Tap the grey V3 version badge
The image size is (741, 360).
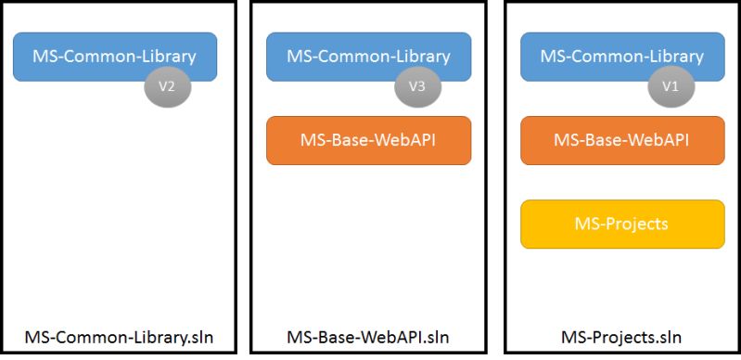[418, 86]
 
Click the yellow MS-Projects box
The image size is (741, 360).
[622, 224]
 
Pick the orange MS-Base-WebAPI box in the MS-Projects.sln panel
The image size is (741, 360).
[622, 140]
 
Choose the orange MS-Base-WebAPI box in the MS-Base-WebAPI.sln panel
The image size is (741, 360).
[368, 140]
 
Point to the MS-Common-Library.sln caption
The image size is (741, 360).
[119, 336]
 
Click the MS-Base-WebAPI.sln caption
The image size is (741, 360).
[369, 336]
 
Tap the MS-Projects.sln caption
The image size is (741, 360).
[620, 336]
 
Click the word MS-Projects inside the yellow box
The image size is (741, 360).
[622, 224]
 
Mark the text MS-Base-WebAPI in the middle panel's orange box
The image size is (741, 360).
[368, 140]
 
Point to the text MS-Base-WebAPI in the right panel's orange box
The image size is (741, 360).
[622, 140]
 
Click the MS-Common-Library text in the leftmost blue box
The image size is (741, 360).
[114, 56]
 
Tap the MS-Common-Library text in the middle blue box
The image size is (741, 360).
[368, 56]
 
